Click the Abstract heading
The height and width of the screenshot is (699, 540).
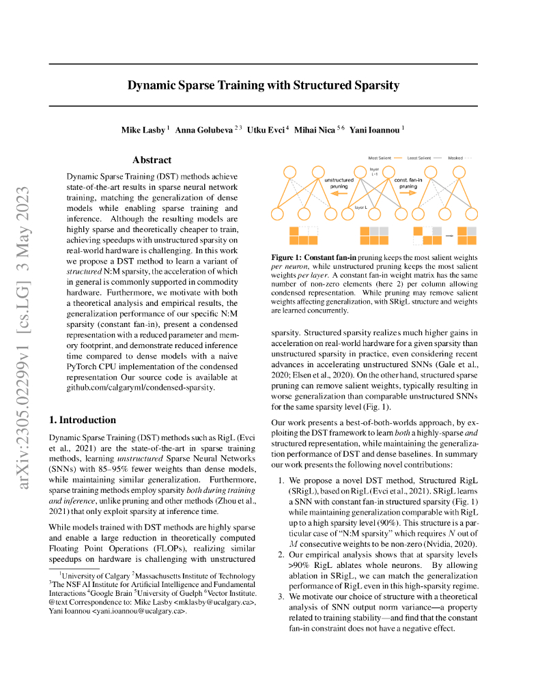coord(152,160)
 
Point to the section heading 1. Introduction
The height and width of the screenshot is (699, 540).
coord(83,420)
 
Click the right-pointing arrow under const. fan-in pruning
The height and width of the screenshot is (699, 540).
coord(408,193)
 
